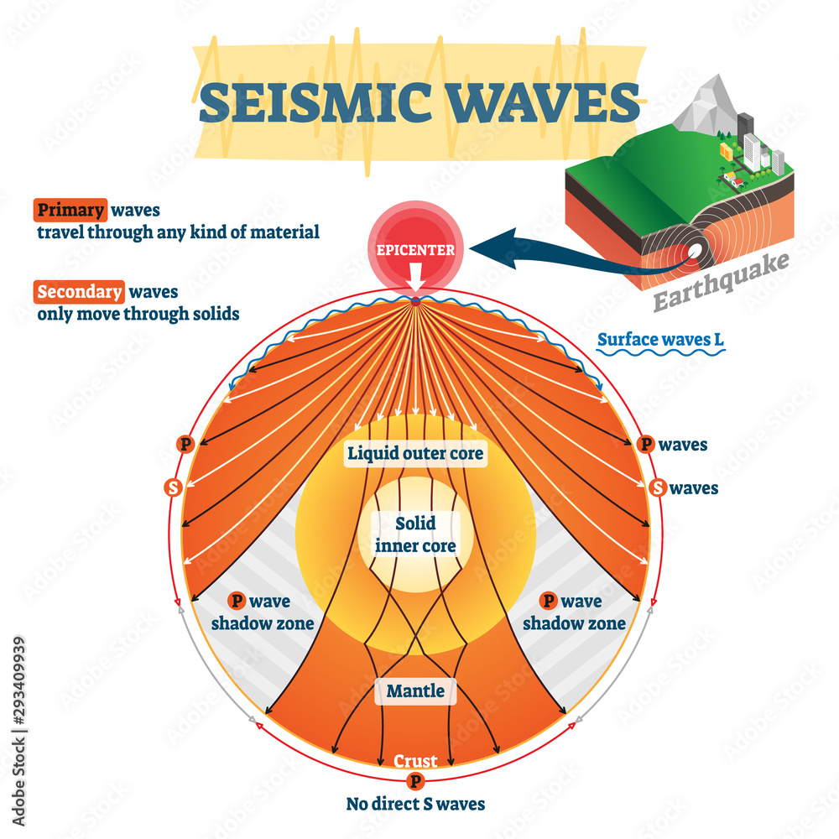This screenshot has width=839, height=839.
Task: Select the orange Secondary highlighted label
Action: (79, 292)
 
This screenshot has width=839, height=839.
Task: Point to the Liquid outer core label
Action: (416, 454)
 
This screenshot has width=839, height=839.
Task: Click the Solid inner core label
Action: (416, 534)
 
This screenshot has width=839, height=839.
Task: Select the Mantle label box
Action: (416, 692)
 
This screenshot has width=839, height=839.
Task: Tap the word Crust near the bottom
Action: (416, 761)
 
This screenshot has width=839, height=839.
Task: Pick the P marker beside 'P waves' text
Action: (646, 445)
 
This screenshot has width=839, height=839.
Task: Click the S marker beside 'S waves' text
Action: (659, 487)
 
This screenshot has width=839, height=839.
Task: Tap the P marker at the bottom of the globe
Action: (415, 781)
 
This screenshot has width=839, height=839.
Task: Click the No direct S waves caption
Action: (416, 804)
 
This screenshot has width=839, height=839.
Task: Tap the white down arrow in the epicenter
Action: (416, 273)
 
